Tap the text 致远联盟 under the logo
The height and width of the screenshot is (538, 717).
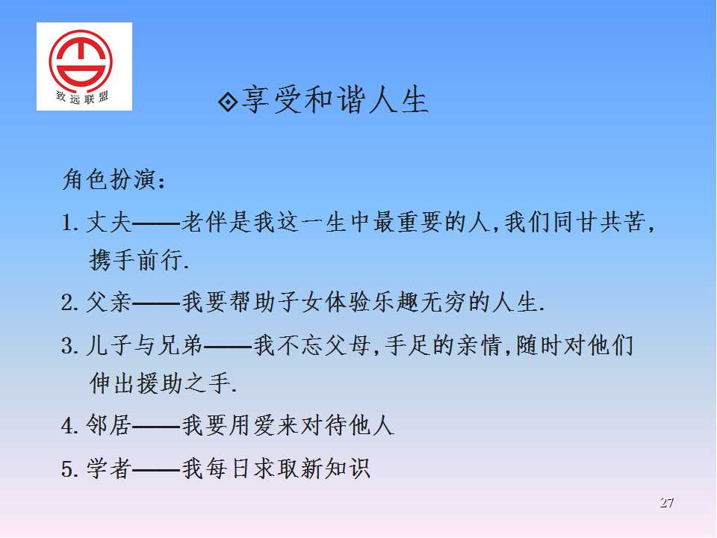[82, 97]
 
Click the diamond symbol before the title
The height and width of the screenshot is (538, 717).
[228, 102]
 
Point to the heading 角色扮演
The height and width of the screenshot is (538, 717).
[109, 179]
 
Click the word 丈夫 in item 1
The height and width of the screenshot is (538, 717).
[109, 223]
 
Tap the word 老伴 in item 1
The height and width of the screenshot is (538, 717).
[204, 223]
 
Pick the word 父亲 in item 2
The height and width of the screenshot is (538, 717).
[109, 303]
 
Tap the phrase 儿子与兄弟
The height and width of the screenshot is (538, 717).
[144, 345]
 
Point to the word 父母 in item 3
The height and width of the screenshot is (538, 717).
[347, 345]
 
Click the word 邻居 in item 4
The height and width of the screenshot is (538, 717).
[109, 425]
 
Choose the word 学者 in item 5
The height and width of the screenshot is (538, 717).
[109, 469]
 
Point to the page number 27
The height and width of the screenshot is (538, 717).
[666, 503]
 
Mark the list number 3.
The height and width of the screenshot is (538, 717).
[67, 346]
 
